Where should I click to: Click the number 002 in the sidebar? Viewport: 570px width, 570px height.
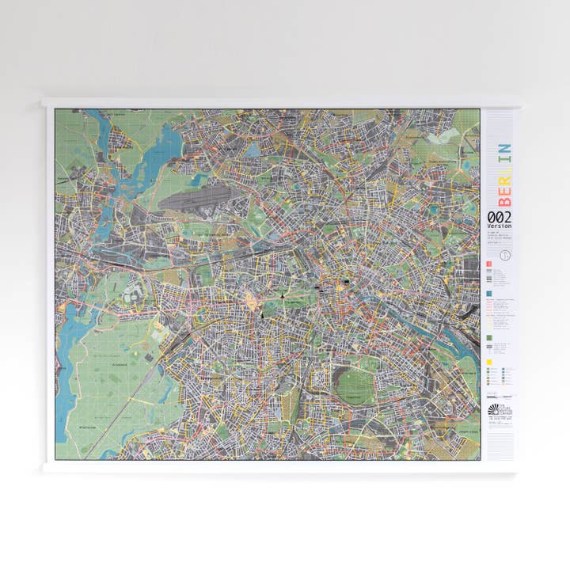pos(499,216)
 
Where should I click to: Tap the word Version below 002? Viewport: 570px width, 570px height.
pos(499,226)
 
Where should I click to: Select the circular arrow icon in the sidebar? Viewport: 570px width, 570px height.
pos(507,255)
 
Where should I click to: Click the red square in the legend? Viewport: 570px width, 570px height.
pos(490,264)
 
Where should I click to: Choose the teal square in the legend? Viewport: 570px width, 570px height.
pos(490,292)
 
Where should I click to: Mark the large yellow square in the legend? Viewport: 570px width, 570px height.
pos(490,363)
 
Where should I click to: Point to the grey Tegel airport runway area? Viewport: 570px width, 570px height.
pos(195,197)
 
